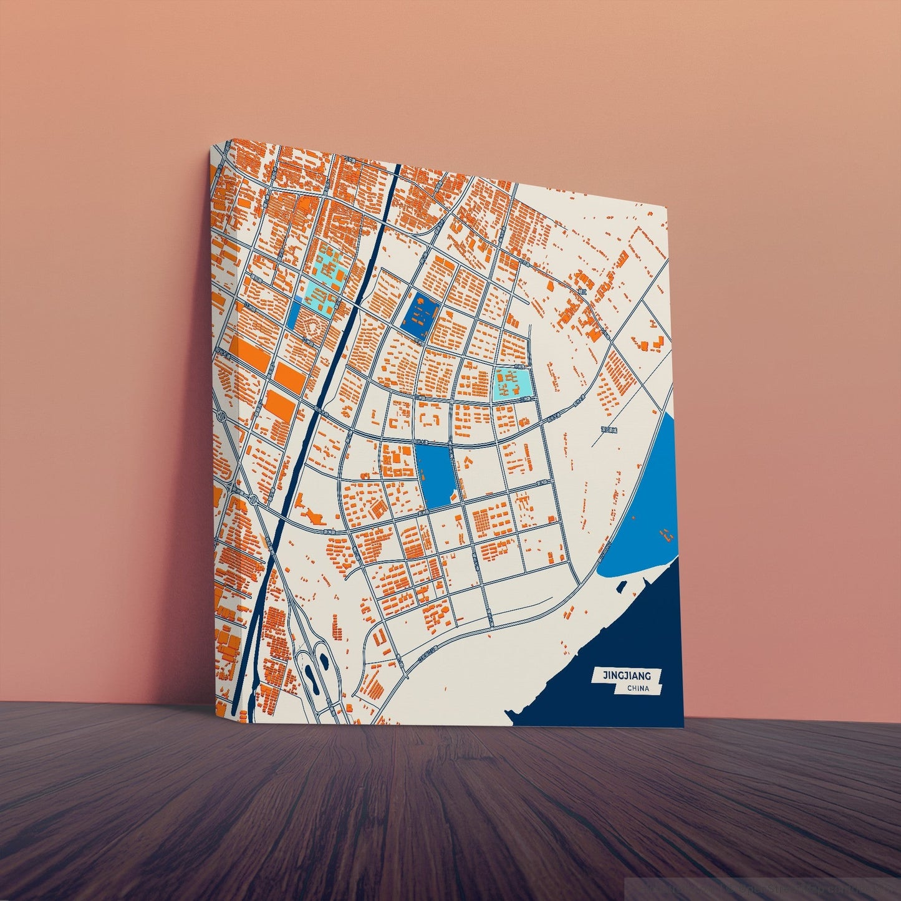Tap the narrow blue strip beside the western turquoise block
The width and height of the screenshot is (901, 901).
point(293,314)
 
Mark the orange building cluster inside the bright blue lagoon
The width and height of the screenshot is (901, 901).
point(668,534)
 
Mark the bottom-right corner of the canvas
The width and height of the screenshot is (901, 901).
point(684,726)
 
